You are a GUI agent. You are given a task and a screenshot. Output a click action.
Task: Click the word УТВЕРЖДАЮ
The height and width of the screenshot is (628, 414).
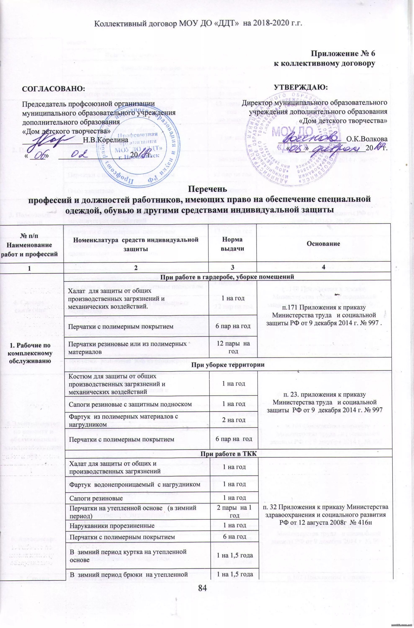pyautogui.click(x=301, y=87)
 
